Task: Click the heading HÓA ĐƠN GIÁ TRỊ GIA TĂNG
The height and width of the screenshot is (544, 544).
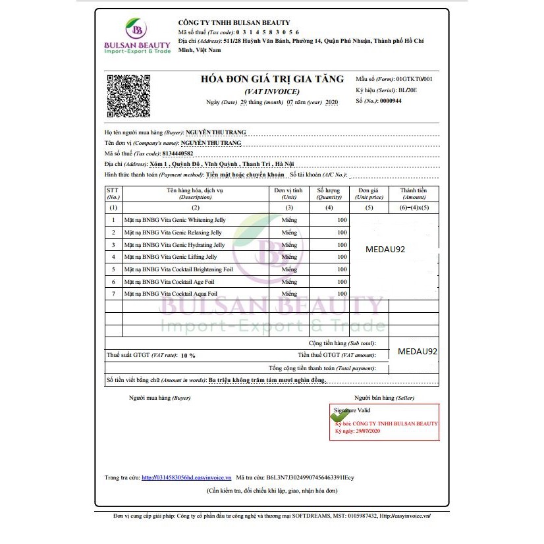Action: pyautogui.click(x=272, y=79)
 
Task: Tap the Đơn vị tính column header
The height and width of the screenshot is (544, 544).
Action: pyautogui.click(x=288, y=193)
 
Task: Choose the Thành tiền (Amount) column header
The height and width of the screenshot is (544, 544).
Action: pyautogui.click(x=414, y=193)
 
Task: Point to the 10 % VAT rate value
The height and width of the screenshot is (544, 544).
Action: pyautogui.click(x=187, y=355)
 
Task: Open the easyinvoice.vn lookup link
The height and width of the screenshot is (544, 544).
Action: pyautogui.click(x=186, y=477)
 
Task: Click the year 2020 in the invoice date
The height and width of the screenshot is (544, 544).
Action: pyautogui.click(x=331, y=102)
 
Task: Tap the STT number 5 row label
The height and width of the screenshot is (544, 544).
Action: pyautogui.click(x=113, y=269)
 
